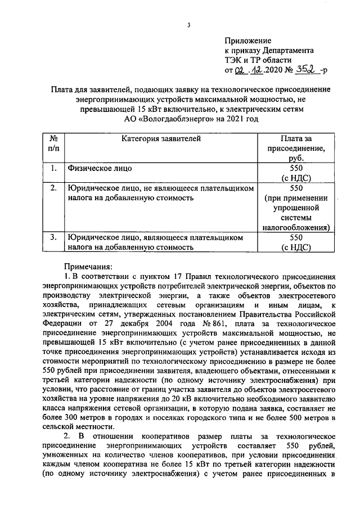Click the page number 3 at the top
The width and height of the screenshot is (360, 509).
tap(190, 24)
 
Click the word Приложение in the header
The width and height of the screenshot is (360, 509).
tap(247, 40)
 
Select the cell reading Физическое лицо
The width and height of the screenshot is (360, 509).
tap(101, 168)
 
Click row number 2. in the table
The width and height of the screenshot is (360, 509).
tap(53, 188)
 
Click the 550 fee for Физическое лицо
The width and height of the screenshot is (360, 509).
tap(296, 168)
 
